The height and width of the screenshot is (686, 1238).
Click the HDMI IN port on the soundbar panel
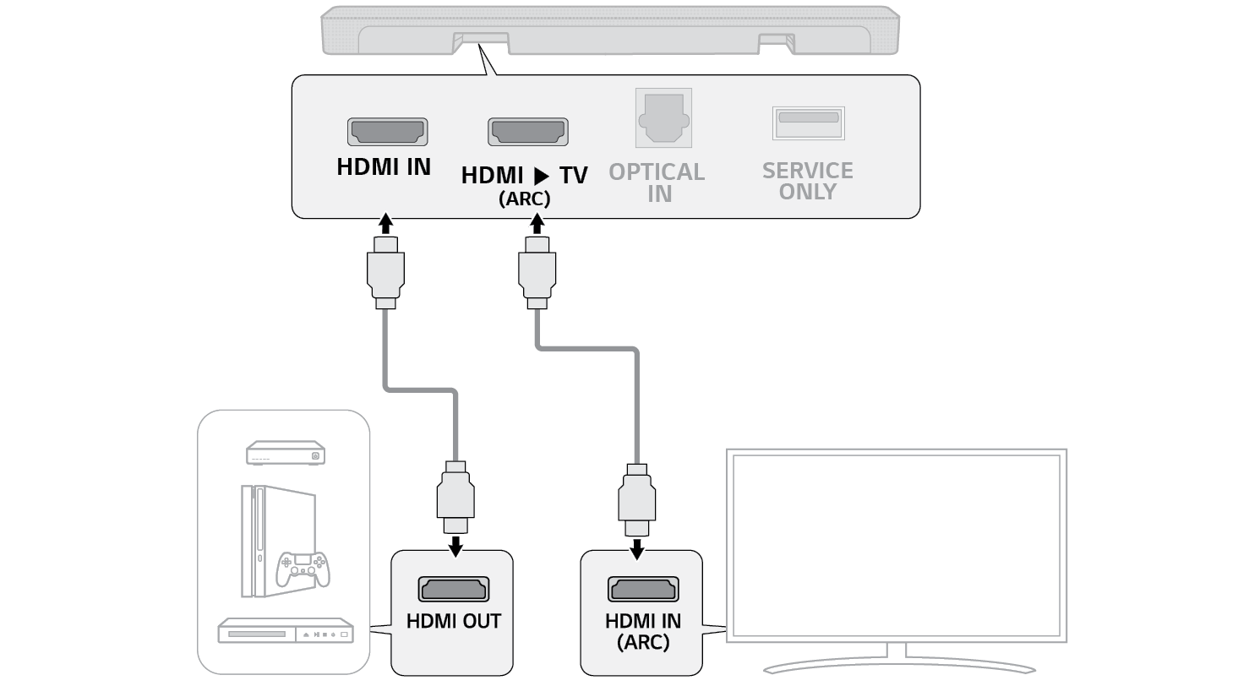tap(387, 132)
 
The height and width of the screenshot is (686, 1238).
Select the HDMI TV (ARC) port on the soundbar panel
tap(527, 132)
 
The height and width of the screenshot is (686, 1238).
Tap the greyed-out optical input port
tap(663, 118)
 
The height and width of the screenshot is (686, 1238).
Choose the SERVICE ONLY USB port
tap(808, 122)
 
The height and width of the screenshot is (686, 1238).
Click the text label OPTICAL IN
tap(657, 182)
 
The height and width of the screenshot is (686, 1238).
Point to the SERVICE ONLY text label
tap(808, 181)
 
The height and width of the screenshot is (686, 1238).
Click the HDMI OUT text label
tap(453, 621)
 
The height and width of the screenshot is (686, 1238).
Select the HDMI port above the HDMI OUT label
tap(453, 589)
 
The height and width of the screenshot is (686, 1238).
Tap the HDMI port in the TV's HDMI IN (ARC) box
tap(642, 589)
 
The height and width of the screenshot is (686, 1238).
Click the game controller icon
tap(304, 568)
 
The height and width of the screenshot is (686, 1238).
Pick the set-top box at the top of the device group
tap(285, 453)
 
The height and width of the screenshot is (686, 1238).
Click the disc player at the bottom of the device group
tap(285, 630)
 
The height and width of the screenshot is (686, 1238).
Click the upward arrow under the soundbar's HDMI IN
tap(385, 223)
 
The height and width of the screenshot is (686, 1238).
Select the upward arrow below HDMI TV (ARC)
tap(536, 223)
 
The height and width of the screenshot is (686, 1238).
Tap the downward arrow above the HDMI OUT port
tap(455, 547)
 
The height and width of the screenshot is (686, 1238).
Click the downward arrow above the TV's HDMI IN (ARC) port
tap(637, 549)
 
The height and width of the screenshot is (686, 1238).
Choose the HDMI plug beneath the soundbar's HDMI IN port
tap(385, 272)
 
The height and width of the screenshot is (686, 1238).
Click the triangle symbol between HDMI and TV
tap(542, 177)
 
